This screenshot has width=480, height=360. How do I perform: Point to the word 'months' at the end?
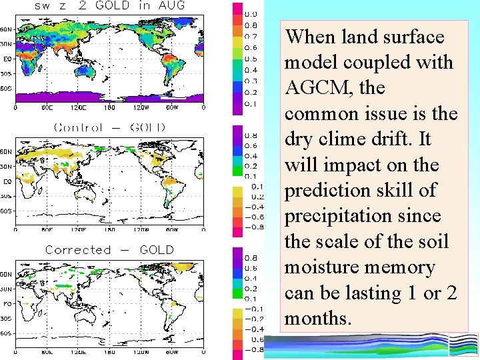tap(317, 319)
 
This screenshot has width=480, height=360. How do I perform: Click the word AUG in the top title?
tap(171, 5)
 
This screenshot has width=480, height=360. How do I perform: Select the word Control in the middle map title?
tap(78, 127)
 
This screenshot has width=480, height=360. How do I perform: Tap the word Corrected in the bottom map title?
tap(78, 250)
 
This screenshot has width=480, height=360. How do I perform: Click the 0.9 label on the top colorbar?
tap(251, 14)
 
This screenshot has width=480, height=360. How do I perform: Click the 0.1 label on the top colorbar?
tap(251, 103)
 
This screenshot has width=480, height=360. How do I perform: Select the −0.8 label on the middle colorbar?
tap(254, 227)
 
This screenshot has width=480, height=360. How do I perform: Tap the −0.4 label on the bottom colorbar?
tap(254, 329)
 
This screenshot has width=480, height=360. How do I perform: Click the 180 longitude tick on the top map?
tap(110, 107)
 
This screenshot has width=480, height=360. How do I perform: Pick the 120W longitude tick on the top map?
tap(141, 107)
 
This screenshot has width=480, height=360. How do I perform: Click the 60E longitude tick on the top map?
tap(47, 107)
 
